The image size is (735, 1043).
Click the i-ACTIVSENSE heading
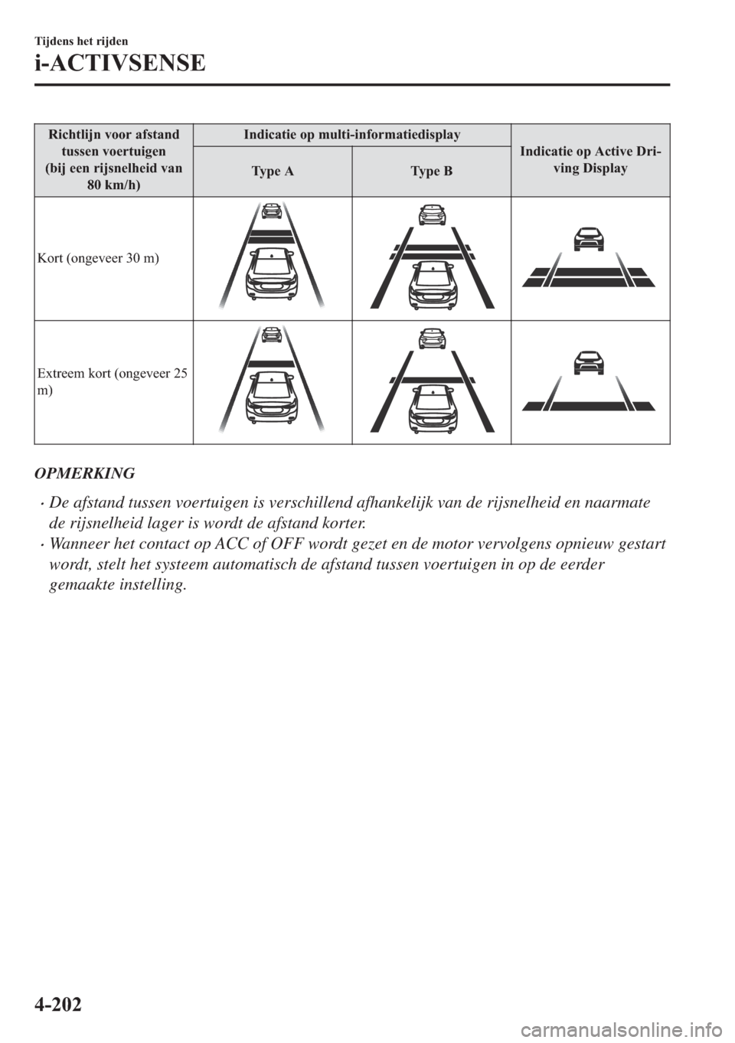pyautogui.click(x=119, y=63)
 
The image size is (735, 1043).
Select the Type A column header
pyautogui.click(x=272, y=171)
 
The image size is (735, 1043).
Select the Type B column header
pyautogui.click(x=431, y=171)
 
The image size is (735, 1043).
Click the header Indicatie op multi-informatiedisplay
pyautogui.click(x=351, y=135)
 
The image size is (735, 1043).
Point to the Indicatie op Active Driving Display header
pyautogui.click(x=590, y=160)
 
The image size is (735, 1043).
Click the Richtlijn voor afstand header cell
pyautogui.click(x=113, y=160)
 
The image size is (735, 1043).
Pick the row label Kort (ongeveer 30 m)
pyautogui.click(x=97, y=258)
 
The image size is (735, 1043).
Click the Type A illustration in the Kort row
pyautogui.click(x=272, y=257)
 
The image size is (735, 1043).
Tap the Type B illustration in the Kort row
pyautogui.click(x=432, y=257)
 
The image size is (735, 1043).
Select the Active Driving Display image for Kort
pyautogui.click(x=590, y=257)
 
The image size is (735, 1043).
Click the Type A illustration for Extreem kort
pyautogui.click(x=272, y=381)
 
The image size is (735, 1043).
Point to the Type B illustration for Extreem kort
pyautogui.click(x=432, y=381)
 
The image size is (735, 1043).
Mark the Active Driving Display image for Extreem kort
pyautogui.click(x=590, y=381)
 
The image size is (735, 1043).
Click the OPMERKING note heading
pyautogui.click(x=84, y=473)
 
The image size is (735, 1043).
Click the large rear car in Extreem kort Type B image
pyautogui.click(x=432, y=409)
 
